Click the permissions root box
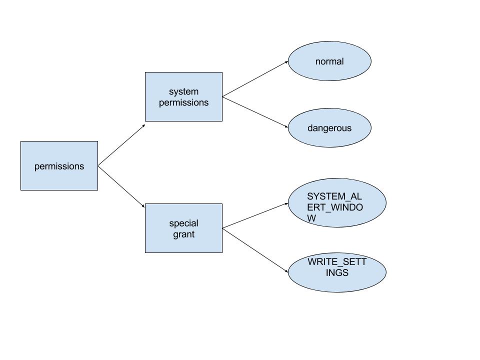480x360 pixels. pyautogui.click(x=59, y=165)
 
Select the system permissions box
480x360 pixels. pyautogui.click(x=183, y=96)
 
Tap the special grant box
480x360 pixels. pyautogui.click(x=183, y=228)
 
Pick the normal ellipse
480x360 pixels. pyautogui.click(x=329, y=61)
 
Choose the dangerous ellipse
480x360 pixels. pyautogui.click(x=329, y=128)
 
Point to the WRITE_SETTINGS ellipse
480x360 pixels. pyautogui.click(x=337, y=272)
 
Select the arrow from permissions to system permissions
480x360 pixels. pyautogui.click(x=121, y=145)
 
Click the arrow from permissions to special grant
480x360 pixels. pyautogui.click(x=121, y=186)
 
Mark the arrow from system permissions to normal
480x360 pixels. pyautogui.click(x=255, y=79)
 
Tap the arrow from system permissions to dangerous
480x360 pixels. pyautogui.click(x=255, y=112)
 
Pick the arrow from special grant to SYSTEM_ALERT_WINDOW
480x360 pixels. pyautogui.click(x=255, y=215)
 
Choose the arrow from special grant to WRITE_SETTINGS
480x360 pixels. pyautogui.click(x=255, y=250)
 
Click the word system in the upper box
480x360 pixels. pyautogui.click(x=183, y=91)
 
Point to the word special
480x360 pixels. pyautogui.click(x=183, y=223)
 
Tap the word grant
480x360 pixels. pyautogui.click(x=183, y=234)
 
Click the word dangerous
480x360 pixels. pyautogui.click(x=329, y=128)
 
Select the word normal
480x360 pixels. pyautogui.click(x=329, y=61)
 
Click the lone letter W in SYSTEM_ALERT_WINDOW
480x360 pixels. pyautogui.click(x=311, y=218)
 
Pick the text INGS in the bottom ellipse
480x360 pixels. pyautogui.click(x=337, y=273)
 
